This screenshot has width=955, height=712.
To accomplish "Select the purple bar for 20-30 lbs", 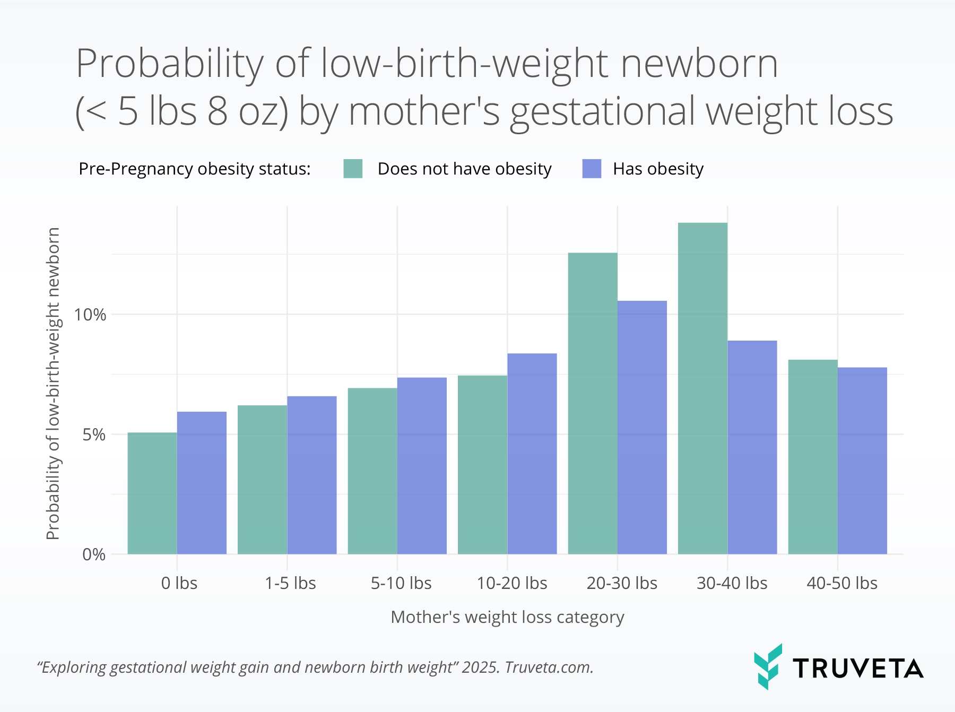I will [x=642, y=428].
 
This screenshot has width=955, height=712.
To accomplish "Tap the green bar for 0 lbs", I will [x=152, y=493].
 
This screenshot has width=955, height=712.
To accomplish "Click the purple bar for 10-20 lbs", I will [x=532, y=454].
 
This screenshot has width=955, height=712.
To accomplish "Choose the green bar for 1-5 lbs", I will [x=262, y=480].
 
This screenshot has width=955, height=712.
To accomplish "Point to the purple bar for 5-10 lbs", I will [x=422, y=466].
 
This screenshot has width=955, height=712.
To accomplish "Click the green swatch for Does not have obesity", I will [x=353, y=169].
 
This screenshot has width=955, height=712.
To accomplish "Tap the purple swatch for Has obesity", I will [x=592, y=169].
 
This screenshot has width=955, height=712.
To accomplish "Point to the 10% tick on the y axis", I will [x=90, y=315].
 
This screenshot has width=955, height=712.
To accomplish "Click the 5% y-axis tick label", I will [x=94, y=435].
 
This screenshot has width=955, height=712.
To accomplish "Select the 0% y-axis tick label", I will [x=94, y=555].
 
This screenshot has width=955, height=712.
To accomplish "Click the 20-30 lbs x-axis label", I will [x=622, y=583].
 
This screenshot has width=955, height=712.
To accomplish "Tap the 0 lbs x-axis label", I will [x=179, y=583].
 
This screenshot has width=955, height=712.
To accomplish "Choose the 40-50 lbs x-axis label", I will [x=842, y=583].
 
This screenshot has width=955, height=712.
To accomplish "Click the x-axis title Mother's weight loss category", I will [x=507, y=617].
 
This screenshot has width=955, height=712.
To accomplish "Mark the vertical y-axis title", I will [x=53, y=383].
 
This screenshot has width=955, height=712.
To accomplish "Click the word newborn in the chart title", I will [x=699, y=64].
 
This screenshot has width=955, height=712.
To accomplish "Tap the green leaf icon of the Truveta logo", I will [x=767, y=666].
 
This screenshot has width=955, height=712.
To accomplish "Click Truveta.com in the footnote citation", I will [x=549, y=667].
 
